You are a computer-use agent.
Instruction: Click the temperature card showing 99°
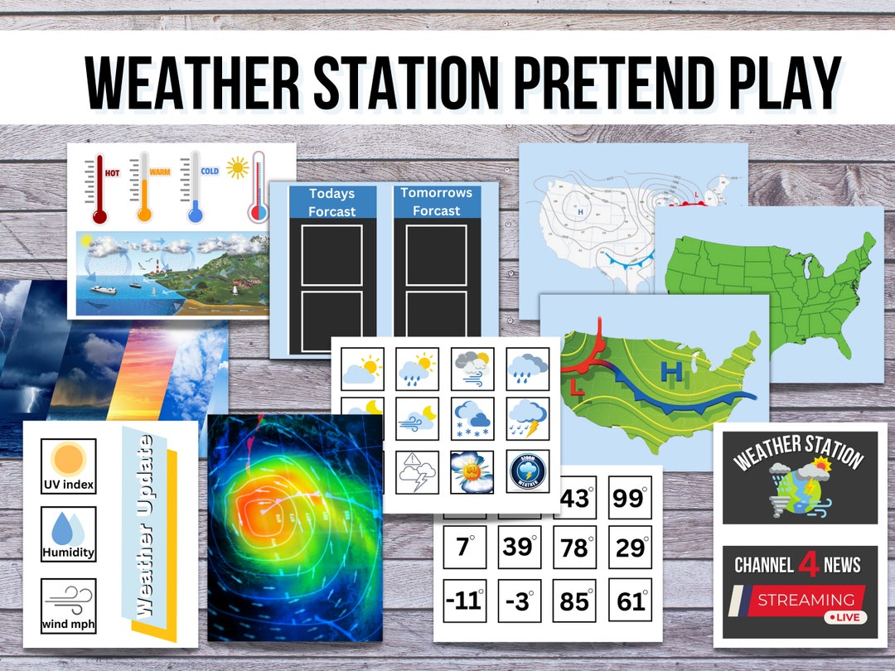tap(630, 498)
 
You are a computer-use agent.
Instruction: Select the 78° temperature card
tap(574, 548)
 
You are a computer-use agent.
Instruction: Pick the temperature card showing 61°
tap(630, 601)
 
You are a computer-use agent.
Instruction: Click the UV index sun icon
tap(68, 458)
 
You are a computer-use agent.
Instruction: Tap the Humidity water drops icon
tap(68, 529)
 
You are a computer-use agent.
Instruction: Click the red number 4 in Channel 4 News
tap(809, 565)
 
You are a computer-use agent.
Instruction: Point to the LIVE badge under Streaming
tap(846, 618)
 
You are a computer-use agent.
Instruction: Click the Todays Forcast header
tap(332, 202)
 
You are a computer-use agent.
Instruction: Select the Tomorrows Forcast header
tap(436, 202)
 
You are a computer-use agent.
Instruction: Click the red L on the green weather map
tap(576, 386)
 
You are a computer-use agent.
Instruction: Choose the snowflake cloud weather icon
tap(472, 419)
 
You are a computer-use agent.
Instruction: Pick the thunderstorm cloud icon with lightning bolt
tap(527, 419)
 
